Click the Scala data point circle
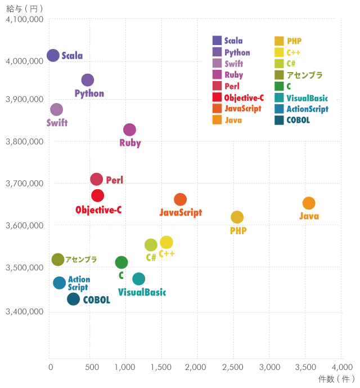coord(53,55)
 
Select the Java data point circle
coord(309,203)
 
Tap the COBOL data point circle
coord(73,299)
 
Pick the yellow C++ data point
coord(166,242)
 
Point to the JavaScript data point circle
coord(180,199)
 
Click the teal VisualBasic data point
coord(138,279)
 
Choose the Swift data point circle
coord(56,109)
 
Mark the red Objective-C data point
coord(97,195)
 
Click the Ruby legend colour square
coord(217,74)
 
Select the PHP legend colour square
coord(279,41)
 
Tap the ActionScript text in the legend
coord(307,109)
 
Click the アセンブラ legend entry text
coord(304,75)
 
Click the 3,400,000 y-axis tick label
coord(25,311)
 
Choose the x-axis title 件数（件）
coord(336,379)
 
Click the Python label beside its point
coord(89,93)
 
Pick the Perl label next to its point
coord(114,180)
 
